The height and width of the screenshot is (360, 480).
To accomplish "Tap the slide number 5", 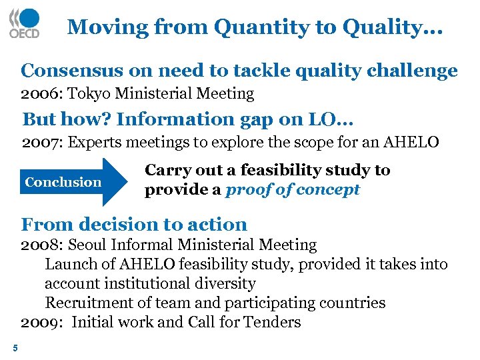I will coord(15,347).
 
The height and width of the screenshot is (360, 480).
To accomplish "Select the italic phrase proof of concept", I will coord(293,189).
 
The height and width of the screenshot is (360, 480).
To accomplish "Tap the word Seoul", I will coord(90,245).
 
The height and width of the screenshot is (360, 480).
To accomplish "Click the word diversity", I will coord(223,283).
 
